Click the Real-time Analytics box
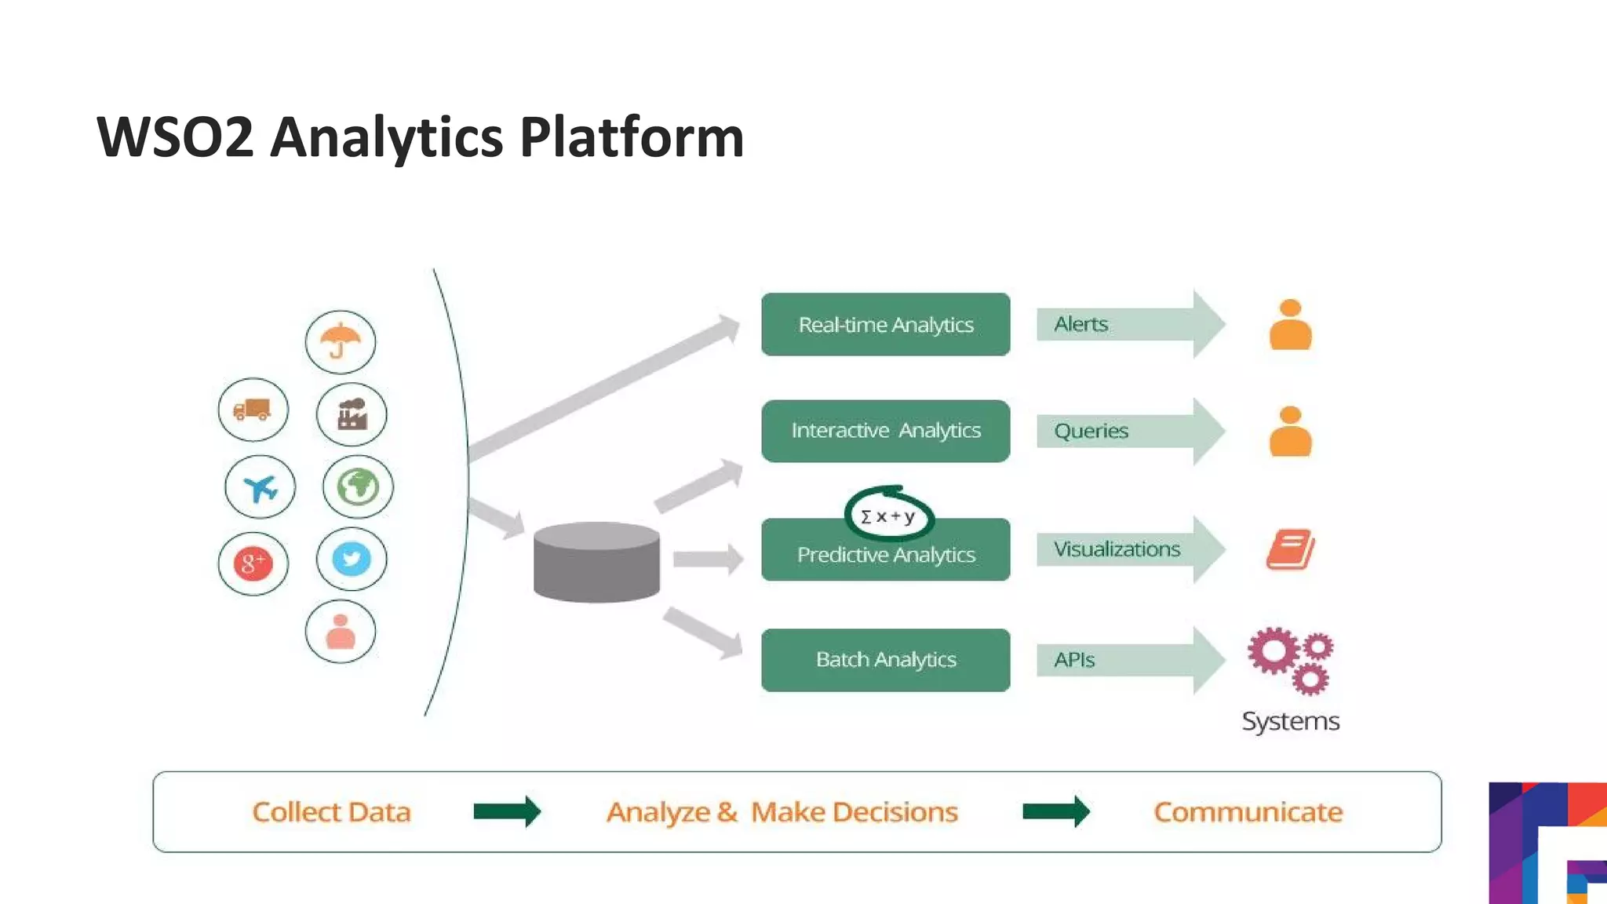[x=885, y=324]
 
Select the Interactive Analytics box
[x=885, y=431]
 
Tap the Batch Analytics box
[x=885, y=660]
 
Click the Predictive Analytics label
[x=885, y=556]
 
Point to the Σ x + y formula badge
[x=888, y=516]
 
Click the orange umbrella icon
[x=340, y=341]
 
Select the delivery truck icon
[x=253, y=410]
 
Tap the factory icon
[x=352, y=414]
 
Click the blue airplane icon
[x=260, y=487]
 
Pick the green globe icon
[x=358, y=487]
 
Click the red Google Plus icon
[x=253, y=563]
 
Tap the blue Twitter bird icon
[x=352, y=559]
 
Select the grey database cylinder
[x=596, y=562]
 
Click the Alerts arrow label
[x=1081, y=324]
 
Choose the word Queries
[x=1091, y=431]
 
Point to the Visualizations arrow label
[x=1117, y=549]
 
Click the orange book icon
[x=1290, y=549]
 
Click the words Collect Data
[x=331, y=812]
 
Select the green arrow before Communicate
[x=1056, y=811]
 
